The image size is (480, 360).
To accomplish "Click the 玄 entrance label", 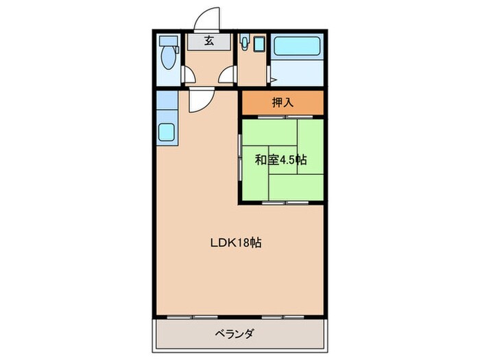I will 208,40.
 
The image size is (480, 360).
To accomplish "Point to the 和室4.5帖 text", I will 280,160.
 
